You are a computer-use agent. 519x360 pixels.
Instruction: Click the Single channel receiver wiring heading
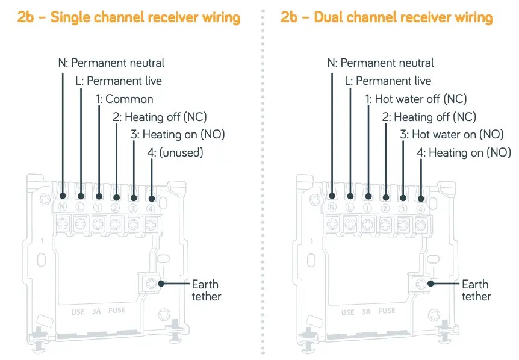pos(129,17)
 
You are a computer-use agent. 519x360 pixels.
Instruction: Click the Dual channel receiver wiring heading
pos(387,17)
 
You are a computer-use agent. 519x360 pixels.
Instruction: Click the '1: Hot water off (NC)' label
pos(415,99)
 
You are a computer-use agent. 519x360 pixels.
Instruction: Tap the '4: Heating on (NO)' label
pos(464,153)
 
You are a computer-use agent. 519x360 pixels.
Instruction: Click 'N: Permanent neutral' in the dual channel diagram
pos(381,63)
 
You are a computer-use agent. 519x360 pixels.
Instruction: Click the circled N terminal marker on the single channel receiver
pos(63,207)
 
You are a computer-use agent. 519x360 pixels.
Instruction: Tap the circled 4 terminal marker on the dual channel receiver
pos(420,208)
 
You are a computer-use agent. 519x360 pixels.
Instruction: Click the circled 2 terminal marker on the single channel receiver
pos(116,208)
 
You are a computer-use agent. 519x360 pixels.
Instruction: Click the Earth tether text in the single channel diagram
pos(206,290)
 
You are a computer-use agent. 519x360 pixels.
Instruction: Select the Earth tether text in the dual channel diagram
pos(476,290)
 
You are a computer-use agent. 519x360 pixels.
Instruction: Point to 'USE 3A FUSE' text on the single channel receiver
pos(99,312)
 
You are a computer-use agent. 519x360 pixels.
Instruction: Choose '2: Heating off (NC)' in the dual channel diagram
pos(429,117)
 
